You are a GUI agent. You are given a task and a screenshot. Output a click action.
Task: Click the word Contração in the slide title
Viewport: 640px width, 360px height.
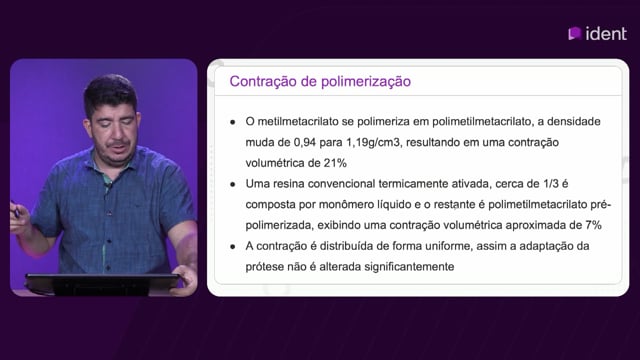point(263,82)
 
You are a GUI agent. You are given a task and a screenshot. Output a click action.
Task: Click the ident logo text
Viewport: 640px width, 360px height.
point(606,34)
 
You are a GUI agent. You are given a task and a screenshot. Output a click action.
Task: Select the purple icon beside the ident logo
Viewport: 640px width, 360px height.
point(574,33)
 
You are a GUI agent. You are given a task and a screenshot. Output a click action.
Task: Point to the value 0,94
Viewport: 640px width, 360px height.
point(304,142)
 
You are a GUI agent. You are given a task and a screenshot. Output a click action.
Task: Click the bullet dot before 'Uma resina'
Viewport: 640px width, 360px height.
point(233,184)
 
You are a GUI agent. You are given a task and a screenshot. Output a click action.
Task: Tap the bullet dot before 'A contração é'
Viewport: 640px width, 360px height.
point(233,247)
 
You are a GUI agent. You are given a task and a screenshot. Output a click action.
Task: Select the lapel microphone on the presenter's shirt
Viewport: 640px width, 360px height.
point(108,187)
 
